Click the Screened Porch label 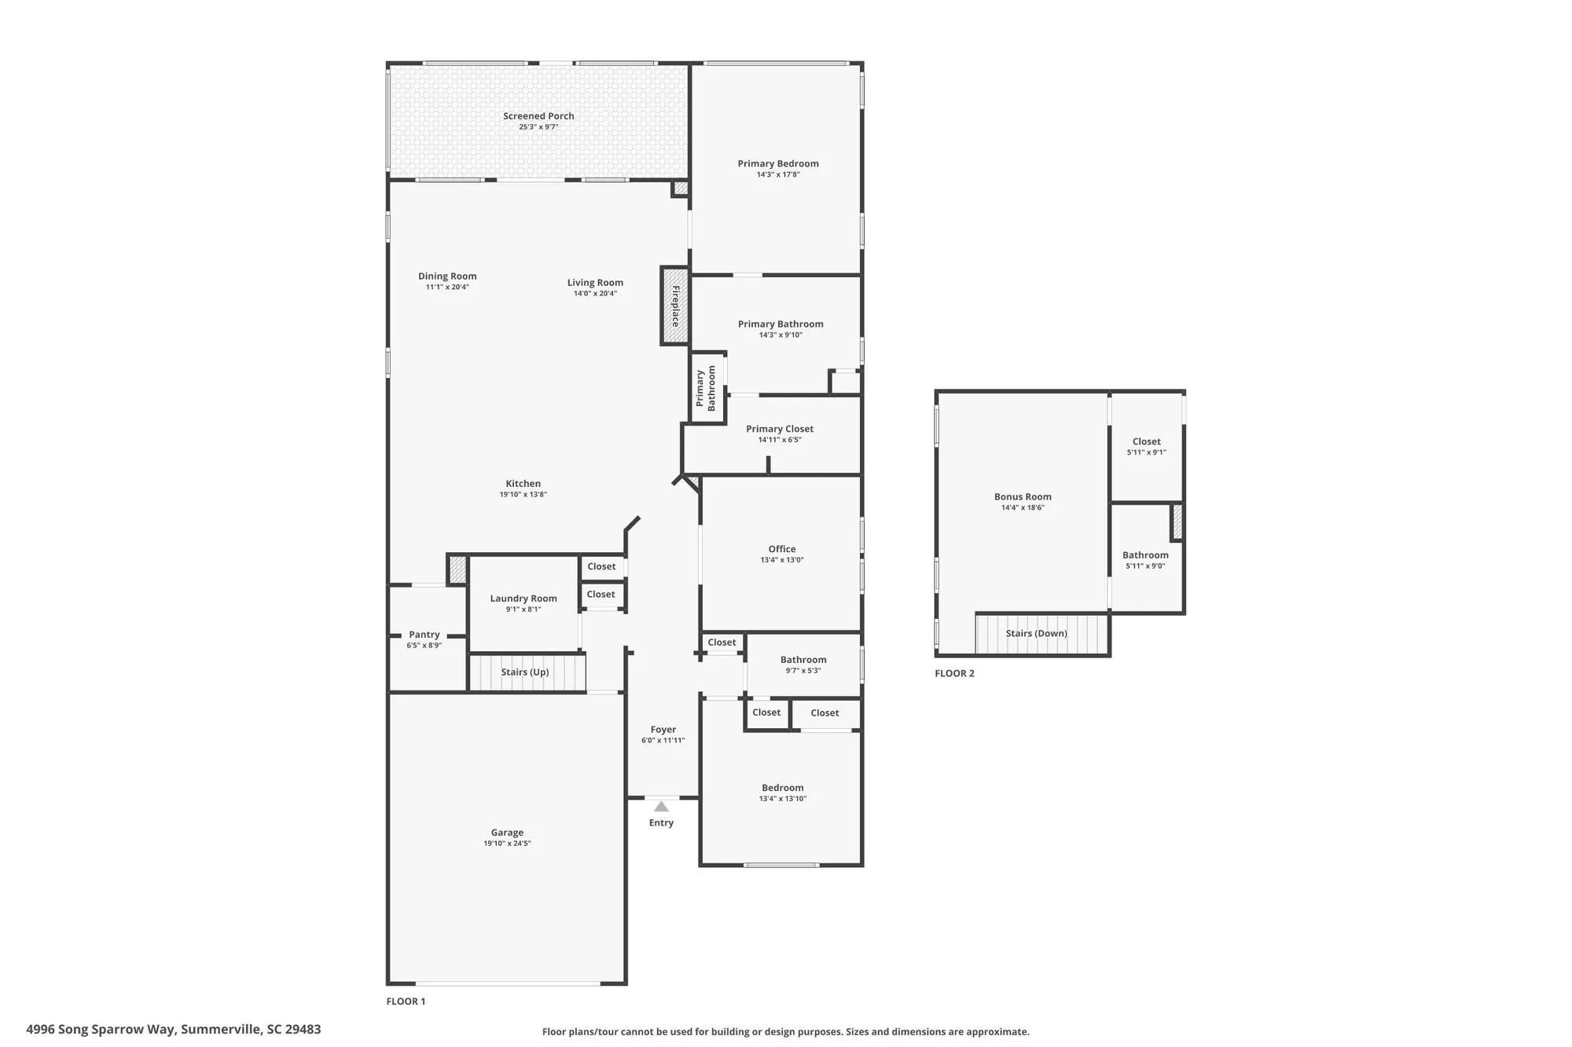[538, 116]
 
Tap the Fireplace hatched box [674, 306]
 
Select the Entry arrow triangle [661, 807]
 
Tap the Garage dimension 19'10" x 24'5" [507, 844]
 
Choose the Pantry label [424, 635]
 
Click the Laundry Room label [523, 599]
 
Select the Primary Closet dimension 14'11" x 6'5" [780, 440]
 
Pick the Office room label [782, 549]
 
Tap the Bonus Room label [1023, 496]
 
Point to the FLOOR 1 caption [406, 1001]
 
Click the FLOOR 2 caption [954, 673]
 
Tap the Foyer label [663, 730]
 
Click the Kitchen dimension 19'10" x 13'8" [523, 495]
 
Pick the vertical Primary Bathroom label [706, 388]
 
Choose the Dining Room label [447, 276]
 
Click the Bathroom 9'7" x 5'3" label [803, 660]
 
